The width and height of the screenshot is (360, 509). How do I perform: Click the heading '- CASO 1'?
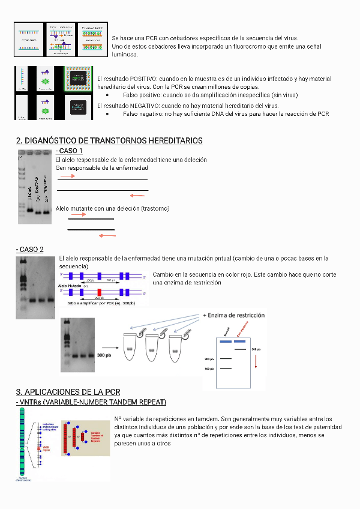pyautogui.click(x=69, y=151)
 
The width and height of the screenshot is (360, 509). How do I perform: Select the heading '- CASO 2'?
pyautogui.click(x=30, y=250)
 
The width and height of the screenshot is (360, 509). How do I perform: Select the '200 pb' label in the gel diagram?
pyautogui.click(x=209, y=359)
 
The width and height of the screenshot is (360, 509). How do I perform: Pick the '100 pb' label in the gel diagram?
pyautogui.click(x=209, y=369)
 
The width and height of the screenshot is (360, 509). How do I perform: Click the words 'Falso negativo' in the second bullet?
pyautogui.click(x=144, y=114)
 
